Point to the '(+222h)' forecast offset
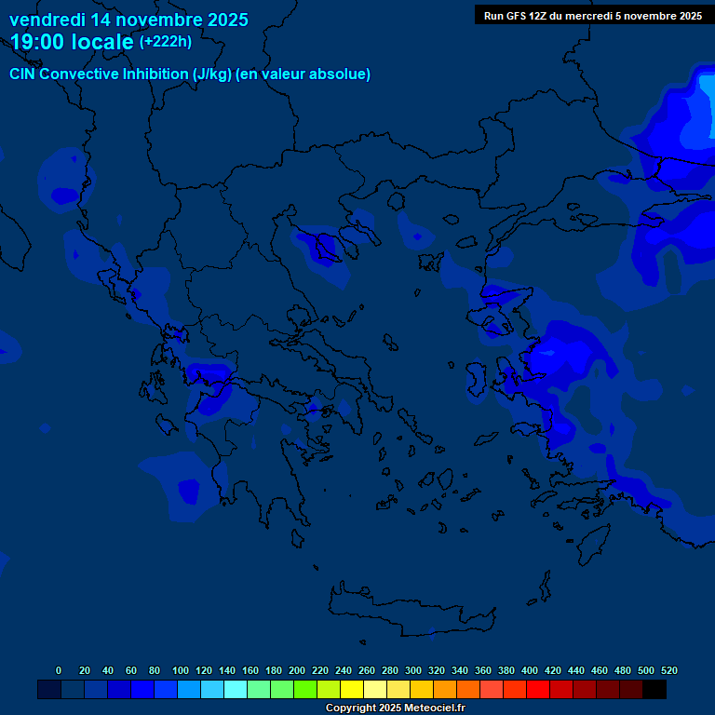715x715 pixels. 166,41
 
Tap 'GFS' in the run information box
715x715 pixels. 518,16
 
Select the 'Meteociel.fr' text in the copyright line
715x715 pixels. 430,708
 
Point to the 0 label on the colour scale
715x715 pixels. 59,670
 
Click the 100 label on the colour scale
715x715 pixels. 181,670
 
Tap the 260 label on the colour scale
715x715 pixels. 367,670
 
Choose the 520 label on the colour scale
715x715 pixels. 668,670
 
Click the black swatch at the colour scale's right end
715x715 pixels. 654,689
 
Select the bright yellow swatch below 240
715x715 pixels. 352,689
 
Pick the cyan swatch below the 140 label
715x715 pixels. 236,689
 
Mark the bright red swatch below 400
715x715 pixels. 538,689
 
